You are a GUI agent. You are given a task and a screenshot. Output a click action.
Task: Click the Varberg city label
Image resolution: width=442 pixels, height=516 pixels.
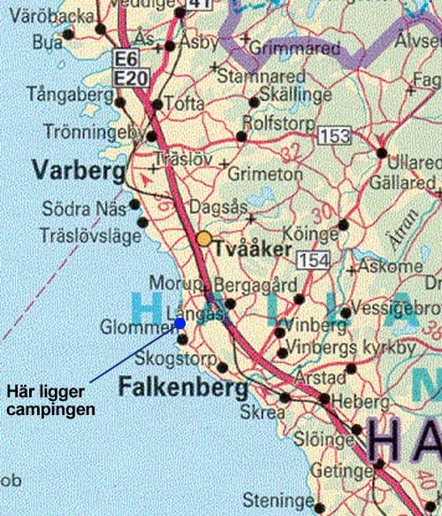(x=68, y=168)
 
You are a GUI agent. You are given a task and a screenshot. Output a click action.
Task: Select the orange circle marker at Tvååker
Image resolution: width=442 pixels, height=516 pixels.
(x=204, y=239)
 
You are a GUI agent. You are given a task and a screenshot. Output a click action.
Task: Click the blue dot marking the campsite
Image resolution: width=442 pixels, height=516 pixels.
(x=180, y=324)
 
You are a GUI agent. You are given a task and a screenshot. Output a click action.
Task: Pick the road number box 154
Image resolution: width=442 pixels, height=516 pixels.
(x=313, y=259)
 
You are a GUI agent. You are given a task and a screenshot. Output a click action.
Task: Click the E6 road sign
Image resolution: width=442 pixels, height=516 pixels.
(x=128, y=59)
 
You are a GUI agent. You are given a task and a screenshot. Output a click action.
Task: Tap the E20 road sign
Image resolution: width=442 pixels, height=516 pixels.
(x=130, y=78)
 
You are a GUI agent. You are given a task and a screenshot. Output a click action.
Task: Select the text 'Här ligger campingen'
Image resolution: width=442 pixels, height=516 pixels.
(x=51, y=398)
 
